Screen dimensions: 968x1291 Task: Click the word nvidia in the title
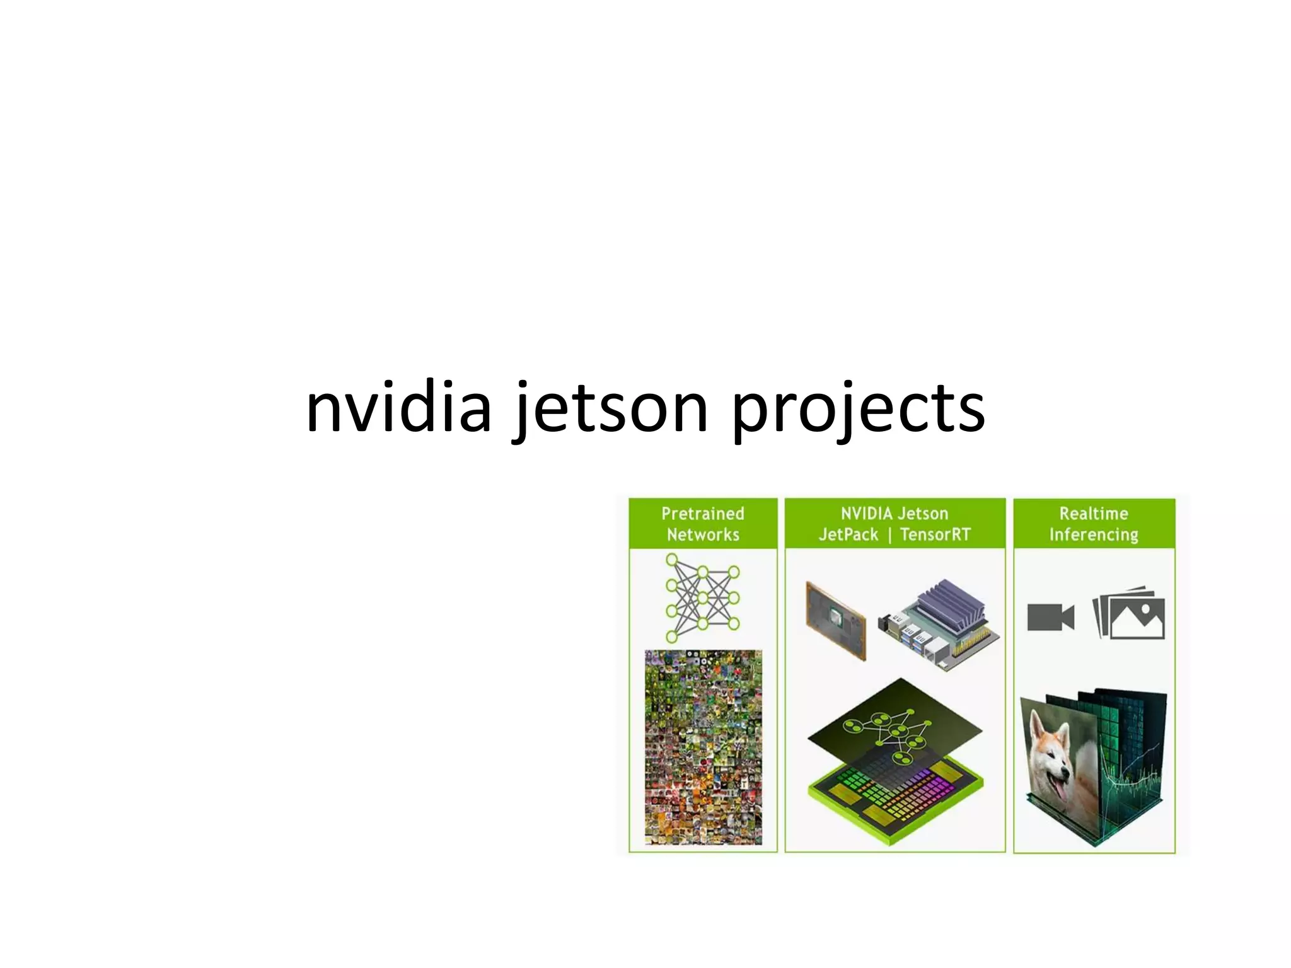tap(398, 408)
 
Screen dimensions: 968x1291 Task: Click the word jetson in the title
tap(610, 408)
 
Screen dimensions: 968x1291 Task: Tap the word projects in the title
tap(858, 408)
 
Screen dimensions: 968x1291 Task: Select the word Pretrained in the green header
tap(702, 514)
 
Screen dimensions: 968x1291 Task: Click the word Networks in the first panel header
tap(703, 535)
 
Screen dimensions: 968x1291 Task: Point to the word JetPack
tap(848, 535)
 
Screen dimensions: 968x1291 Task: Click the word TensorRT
tap(935, 535)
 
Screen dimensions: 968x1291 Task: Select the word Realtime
tap(1094, 514)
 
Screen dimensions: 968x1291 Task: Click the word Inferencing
tap(1094, 535)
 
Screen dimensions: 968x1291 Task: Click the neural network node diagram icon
tap(702, 597)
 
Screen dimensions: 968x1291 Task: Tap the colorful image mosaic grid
tap(703, 747)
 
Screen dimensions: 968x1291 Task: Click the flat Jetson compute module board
tap(836, 621)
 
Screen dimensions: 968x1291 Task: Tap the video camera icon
tap(1050, 617)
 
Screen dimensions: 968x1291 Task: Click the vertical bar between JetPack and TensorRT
tap(889, 536)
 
